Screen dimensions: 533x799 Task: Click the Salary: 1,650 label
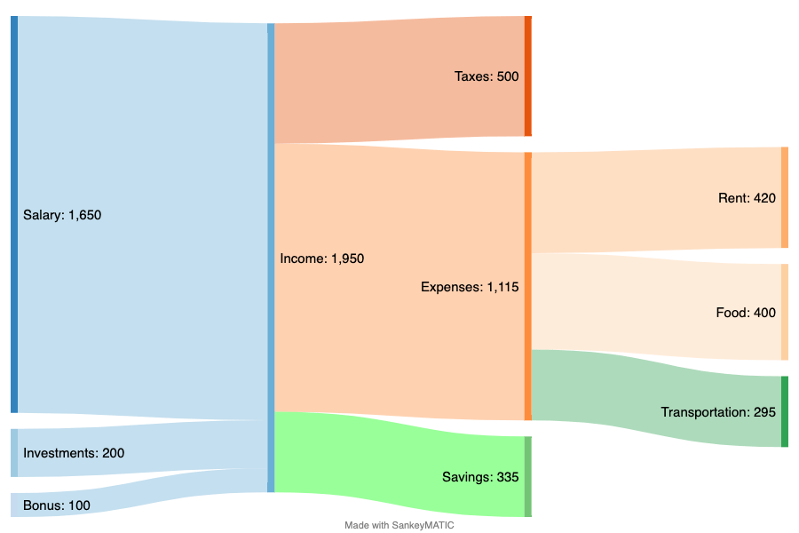pyautogui.click(x=62, y=215)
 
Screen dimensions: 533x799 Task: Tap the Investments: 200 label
pyautogui.click(x=74, y=453)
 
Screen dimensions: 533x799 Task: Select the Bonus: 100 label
pyautogui.click(x=57, y=505)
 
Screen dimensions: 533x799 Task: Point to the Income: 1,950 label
pyautogui.click(x=322, y=259)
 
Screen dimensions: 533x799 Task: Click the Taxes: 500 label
pyautogui.click(x=487, y=76)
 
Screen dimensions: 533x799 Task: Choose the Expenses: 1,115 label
pyautogui.click(x=470, y=287)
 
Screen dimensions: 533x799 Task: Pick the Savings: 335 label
pyautogui.click(x=480, y=477)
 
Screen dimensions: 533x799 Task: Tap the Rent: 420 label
pyautogui.click(x=747, y=198)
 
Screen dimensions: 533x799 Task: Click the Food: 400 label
pyautogui.click(x=746, y=313)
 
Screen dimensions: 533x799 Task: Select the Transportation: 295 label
pyautogui.click(x=718, y=412)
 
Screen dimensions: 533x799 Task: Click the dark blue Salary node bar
pyautogui.click(x=14, y=214)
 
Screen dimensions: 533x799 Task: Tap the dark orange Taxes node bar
pyautogui.click(x=528, y=76)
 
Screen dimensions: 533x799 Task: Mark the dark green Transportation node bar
pyautogui.click(x=785, y=411)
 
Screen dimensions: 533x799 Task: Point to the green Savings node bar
pyautogui.click(x=528, y=476)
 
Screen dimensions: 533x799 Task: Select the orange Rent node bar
pyautogui.click(x=785, y=197)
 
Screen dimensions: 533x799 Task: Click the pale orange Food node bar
pyautogui.click(x=785, y=312)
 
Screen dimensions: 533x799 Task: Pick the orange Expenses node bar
pyautogui.click(x=528, y=286)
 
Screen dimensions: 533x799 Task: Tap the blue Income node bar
pyautogui.click(x=271, y=258)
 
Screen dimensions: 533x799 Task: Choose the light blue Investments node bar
pyautogui.click(x=14, y=453)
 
